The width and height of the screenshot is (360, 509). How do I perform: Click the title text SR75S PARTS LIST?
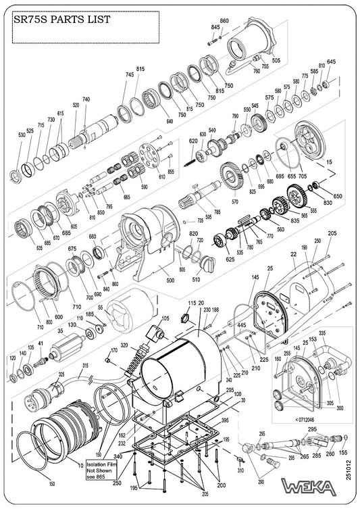click(58, 20)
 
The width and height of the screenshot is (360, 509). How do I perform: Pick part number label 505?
click(276, 60)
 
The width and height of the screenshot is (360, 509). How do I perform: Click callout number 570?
click(236, 201)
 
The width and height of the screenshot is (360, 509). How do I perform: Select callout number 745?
click(129, 74)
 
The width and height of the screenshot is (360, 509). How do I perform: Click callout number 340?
click(118, 458)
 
